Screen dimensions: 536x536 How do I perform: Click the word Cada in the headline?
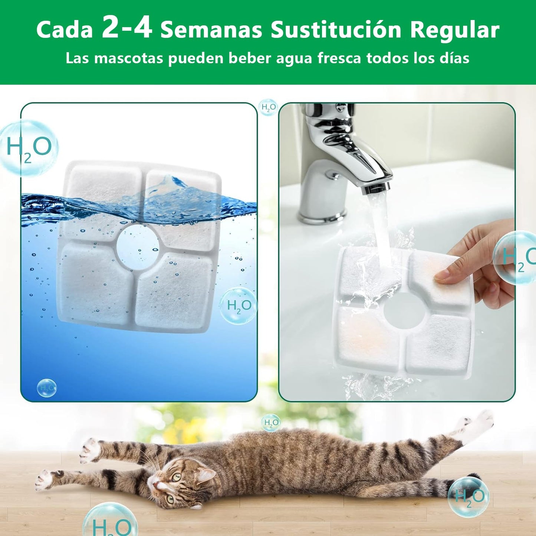click(65, 30)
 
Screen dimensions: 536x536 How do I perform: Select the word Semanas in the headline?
click(211, 30)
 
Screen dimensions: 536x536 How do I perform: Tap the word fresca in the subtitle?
click(339, 58)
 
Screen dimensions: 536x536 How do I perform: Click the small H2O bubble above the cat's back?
click(271, 423)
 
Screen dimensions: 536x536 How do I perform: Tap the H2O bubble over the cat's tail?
click(468, 497)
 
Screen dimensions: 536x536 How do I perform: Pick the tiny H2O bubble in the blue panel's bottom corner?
click(47, 388)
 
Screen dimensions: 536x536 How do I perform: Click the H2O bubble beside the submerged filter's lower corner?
click(239, 306)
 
